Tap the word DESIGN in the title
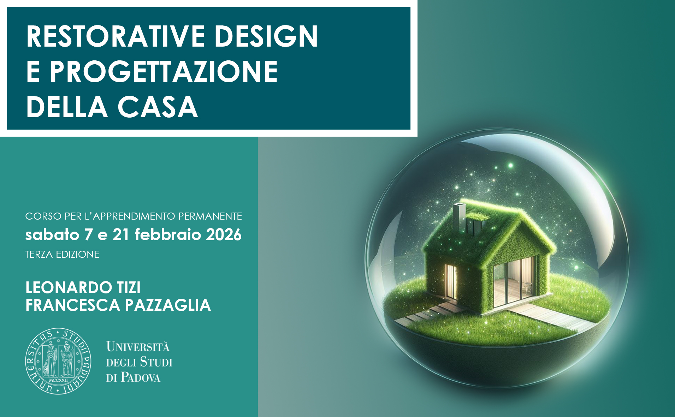pyautogui.click(x=266, y=36)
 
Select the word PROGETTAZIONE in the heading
pyautogui.click(x=164, y=71)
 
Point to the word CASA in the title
pyautogui.click(x=157, y=107)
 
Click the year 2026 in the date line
pyautogui.click(x=224, y=235)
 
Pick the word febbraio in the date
pyautogui.click(x=168, y=235)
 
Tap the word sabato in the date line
pyautogui.click(x=52, y=235)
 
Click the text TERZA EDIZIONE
pyautogui.click(x=62, y=254)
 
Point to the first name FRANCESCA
pyautogui.click(x=73, y=305)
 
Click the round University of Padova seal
pyautogui.click(x=58, y=361)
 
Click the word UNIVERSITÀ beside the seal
pyautogui.click(x=138, y=346)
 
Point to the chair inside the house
pyautogui.click(x=528, y=287)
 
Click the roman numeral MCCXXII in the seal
pyautogui.click(x=58, y=380)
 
